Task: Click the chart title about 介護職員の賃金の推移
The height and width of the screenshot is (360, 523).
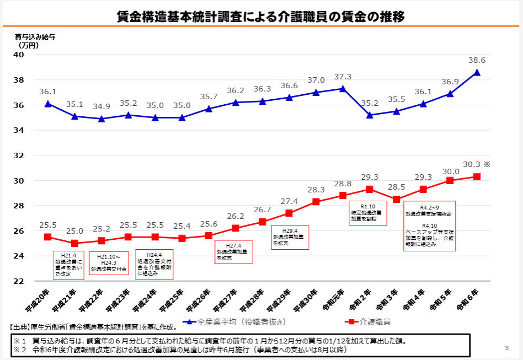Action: click(261, 17)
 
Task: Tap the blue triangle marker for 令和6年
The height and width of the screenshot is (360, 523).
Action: click(477, 72)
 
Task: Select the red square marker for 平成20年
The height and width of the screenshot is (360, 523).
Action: click(48, 237)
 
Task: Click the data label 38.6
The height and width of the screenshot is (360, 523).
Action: click(477, 60)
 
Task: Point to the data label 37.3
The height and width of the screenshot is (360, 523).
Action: click(343, 77)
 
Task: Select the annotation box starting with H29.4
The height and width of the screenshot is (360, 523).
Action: click(290, 238)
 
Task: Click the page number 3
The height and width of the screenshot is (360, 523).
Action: click(506, 348)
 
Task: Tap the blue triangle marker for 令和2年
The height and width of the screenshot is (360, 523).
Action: click(370, 115)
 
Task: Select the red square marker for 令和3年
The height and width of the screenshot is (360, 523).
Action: click(396, 199)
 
